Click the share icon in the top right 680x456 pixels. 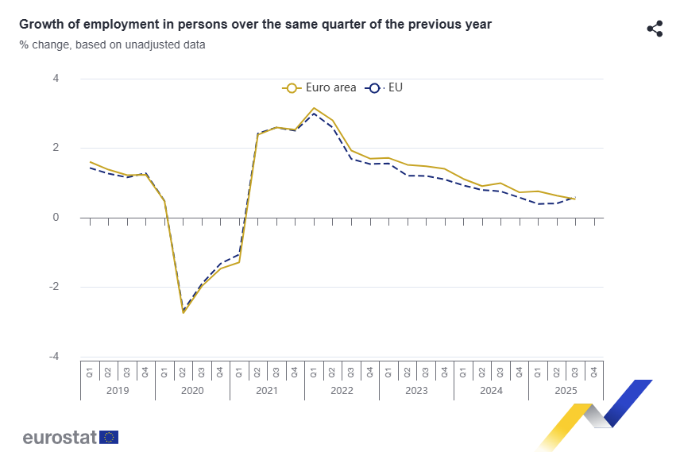655,29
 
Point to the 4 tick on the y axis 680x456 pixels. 56,79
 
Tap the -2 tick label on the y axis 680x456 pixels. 54,287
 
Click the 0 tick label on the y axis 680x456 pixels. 56,218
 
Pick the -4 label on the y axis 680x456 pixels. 54,357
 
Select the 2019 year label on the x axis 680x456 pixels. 118,391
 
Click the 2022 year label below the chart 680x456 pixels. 342,391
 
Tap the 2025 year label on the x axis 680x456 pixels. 566,391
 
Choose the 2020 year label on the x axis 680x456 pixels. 192,391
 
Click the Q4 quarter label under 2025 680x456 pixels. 594,371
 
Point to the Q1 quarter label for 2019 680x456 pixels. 90,371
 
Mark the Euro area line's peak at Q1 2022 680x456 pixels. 314,108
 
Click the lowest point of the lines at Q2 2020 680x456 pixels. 184,312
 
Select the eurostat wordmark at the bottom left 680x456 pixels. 60,437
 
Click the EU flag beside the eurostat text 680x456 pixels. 110,437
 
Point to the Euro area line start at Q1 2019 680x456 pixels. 90,162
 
